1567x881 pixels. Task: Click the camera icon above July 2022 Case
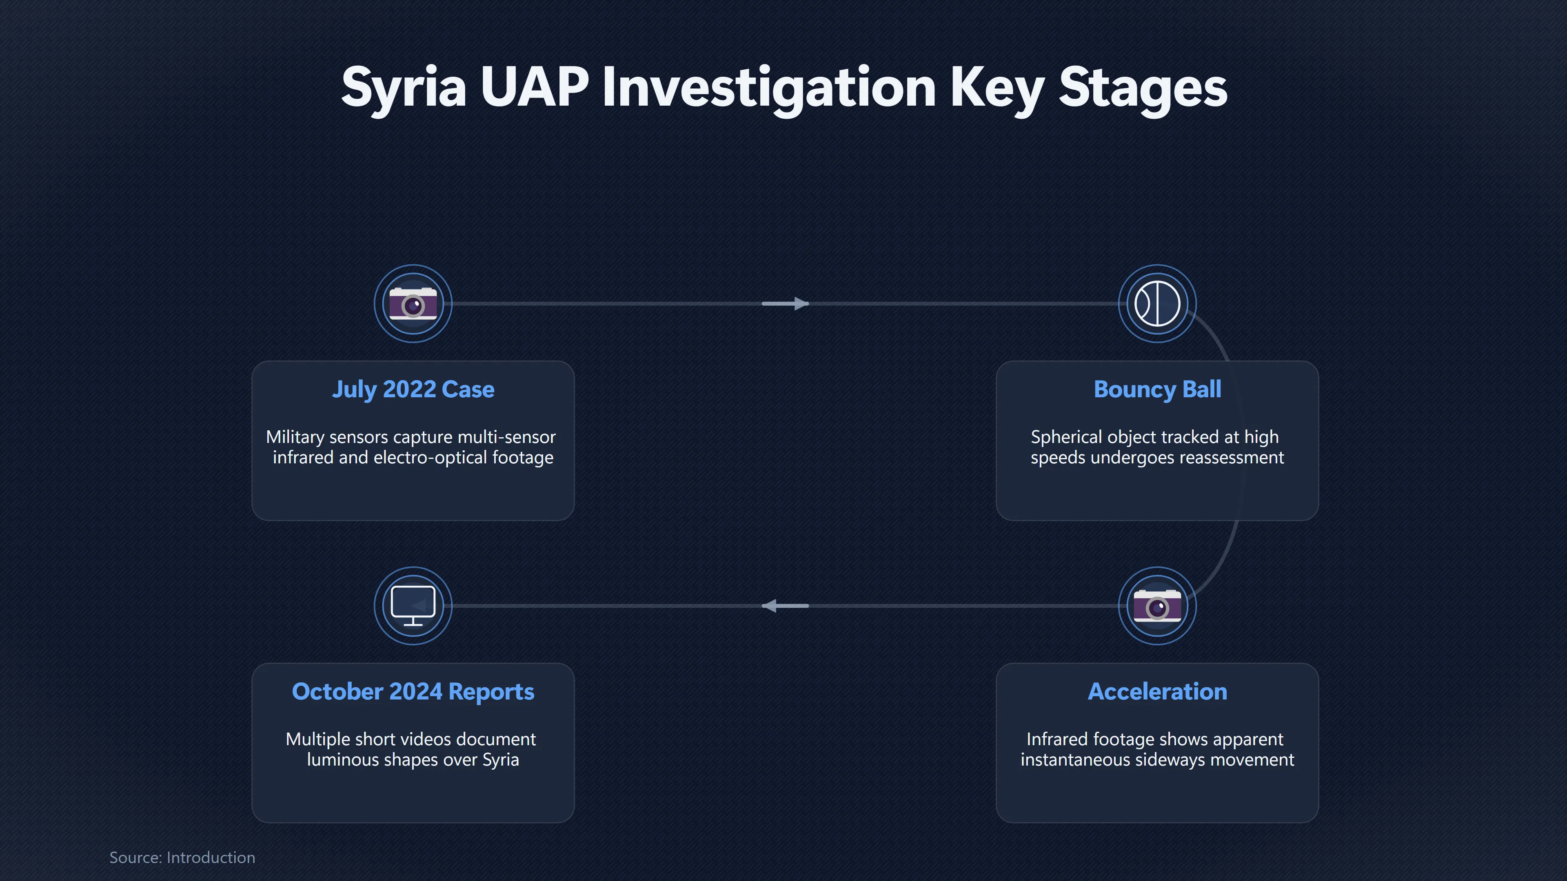coord(413,303)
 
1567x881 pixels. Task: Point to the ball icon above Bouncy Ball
coord(1157,303)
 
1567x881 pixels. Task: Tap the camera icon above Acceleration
coord(1157,606)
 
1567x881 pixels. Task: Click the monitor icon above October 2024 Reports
coord(413,606)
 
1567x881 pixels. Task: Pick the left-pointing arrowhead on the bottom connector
coord(770,606)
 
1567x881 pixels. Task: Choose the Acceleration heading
coord(1157,691)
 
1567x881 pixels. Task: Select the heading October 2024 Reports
coord(413,692)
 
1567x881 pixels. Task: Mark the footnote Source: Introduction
coord(182,857)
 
